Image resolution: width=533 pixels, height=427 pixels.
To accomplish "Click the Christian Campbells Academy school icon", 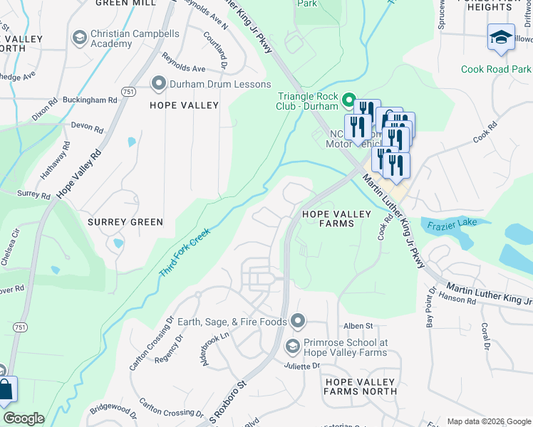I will tap(80, 36).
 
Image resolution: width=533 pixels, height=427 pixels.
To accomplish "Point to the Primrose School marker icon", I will tap(292, 347).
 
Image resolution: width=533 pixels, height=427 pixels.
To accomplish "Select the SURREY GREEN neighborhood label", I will tap(125, 222).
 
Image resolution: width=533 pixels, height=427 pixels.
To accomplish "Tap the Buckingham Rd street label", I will tap(89, 100).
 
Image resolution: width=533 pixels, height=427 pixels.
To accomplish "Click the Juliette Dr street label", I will tap(303, 366).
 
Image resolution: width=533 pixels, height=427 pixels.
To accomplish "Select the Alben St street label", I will tap(358, 326).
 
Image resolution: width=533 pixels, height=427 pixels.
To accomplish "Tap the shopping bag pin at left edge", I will tap(5, 390).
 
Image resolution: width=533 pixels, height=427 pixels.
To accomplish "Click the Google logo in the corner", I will tap(24, 418).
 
